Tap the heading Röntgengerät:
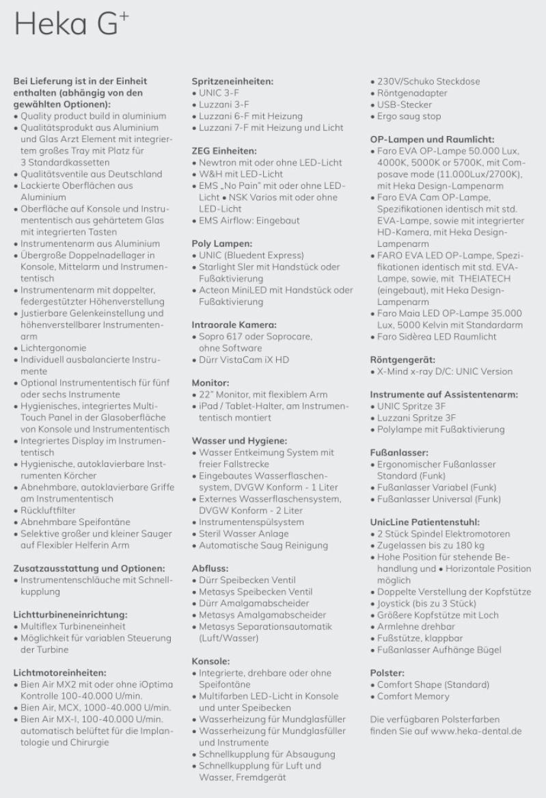pos(402,359)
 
